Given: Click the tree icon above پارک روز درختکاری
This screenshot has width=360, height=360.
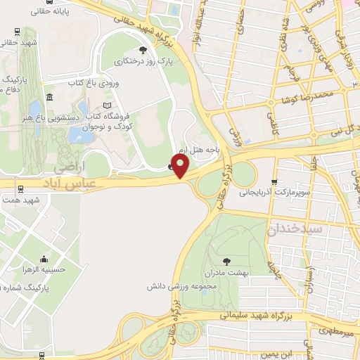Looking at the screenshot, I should (144, 49).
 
